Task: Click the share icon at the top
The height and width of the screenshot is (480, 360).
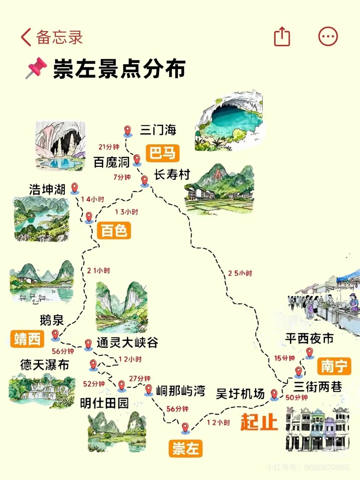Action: point(282,36)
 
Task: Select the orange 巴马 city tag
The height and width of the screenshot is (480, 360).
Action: point(162,153)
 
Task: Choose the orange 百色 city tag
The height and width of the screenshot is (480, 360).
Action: point(114,231)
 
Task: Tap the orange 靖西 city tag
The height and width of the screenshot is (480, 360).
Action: point(27,339)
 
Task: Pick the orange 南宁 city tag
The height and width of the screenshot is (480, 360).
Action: point(334,366)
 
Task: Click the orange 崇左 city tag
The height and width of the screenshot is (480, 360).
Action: point(185,448)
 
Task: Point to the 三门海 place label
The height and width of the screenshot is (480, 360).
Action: point(158,130)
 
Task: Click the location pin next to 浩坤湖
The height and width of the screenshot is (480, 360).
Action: point(75,188)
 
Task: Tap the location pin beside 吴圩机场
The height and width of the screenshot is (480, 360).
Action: point(274,394)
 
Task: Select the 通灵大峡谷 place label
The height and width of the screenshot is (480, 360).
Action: point(127,343)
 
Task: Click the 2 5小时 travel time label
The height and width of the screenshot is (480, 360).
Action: point(240,273)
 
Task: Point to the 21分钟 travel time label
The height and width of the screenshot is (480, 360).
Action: point(109,147)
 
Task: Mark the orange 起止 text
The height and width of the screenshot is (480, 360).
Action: point(259,422)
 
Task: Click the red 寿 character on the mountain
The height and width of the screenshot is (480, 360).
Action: point(218,174)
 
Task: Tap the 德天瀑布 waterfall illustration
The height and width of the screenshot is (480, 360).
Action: point(42,390)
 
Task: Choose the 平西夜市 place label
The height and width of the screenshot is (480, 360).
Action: point(309,339)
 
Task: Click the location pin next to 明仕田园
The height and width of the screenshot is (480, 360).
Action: point(122,386)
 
